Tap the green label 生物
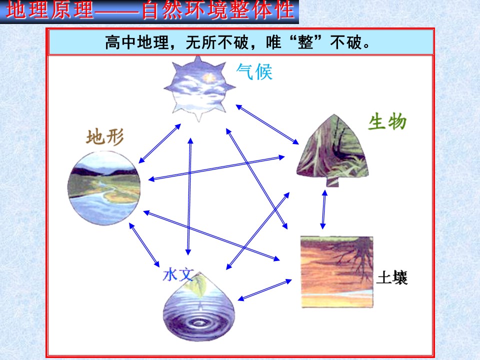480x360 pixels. click(x=387, y=121)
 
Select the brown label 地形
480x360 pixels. click(x=105, y=137)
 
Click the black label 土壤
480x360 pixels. click(x=392, y=277)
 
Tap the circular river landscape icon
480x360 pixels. click(x=104, y=185)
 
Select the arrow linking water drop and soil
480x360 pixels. click(x=265, y=290)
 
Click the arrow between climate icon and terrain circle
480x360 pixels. click(x=159, y=143)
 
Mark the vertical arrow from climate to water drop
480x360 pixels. click(x=189, y=195)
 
